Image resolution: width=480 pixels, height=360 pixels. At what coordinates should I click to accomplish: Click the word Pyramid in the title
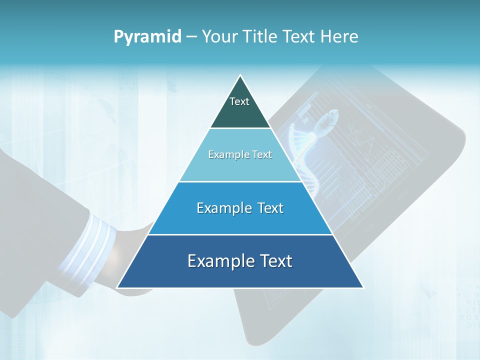(x=147, y=37)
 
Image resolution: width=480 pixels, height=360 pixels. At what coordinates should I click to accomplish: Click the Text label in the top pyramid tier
(x=239, y=101)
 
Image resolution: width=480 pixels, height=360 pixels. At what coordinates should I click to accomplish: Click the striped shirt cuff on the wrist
(x=85, y=245)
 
